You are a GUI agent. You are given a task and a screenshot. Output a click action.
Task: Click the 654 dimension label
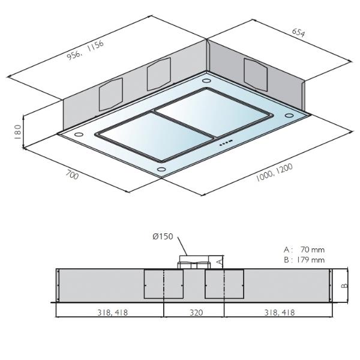pyautogui.click(x=298, y=32)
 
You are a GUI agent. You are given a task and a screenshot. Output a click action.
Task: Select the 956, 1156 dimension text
pyautogui.click(x=85, y=50)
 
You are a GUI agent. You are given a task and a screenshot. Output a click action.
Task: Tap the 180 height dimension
pyautogui.click(x=17, y=131)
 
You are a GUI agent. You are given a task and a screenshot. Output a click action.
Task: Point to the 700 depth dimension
pyautogui.click(x=72, y=174)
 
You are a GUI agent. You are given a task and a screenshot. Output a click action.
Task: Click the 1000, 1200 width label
pyautogui.click(x=274, y=172)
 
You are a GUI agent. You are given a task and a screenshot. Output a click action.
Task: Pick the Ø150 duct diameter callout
pyautogui.click(x=163, y=236)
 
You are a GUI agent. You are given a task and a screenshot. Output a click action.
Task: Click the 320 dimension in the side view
pyautogui.click(x=196, y=313)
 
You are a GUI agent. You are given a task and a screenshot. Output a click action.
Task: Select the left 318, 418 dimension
pyautogui.click(x=113, y=313)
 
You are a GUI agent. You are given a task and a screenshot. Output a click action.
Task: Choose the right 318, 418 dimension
pyautogui.click(x=280, y=313)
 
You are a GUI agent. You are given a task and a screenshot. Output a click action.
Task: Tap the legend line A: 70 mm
pyautogui.click(x=304, y=250)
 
